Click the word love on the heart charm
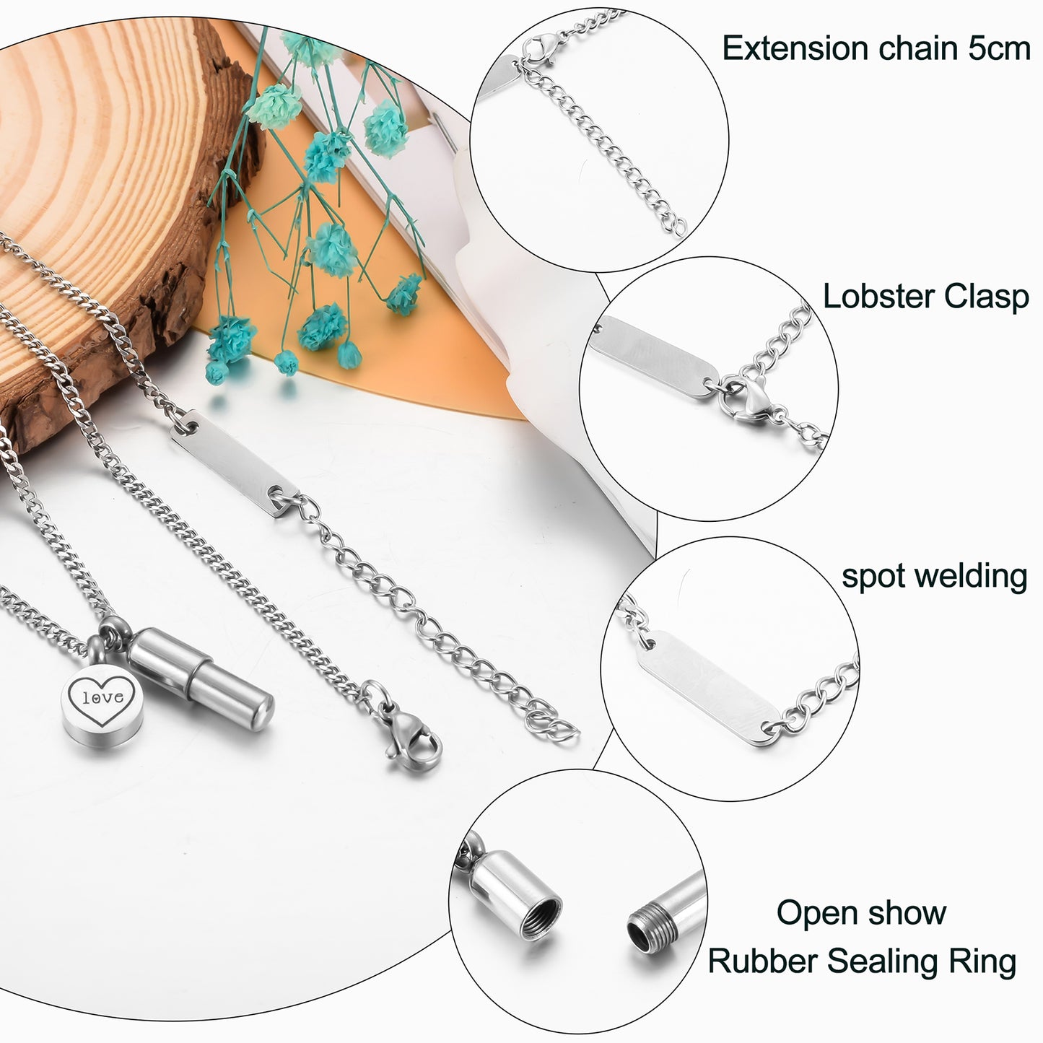point(97,698)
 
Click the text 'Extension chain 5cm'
point(876,49)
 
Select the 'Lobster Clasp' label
point(926,297)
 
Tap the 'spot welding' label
point(934,576)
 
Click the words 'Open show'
point(861,913)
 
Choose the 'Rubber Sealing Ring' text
point(862,961)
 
